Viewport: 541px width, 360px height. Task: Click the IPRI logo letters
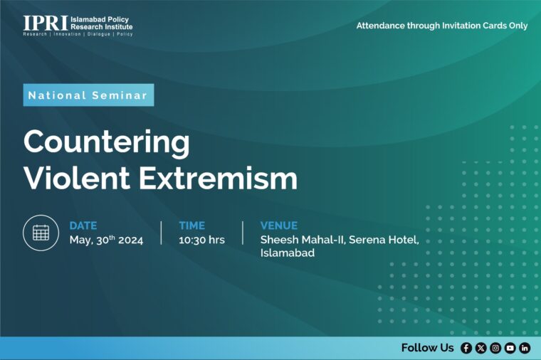point(45,23)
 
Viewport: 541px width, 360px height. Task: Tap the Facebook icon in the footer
point(466,348)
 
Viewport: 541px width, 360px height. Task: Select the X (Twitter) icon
point(481,348)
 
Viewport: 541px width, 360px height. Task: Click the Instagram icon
point(495,348)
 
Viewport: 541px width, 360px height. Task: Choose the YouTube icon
point(510,348)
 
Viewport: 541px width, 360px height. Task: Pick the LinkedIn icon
point(525,348)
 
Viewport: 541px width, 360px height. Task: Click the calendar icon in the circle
point(41,233)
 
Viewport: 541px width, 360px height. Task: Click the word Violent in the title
point(77,178)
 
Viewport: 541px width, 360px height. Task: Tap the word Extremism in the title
point(218,178)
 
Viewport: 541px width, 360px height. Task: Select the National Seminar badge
point(88,95)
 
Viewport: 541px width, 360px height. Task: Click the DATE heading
point(83,226)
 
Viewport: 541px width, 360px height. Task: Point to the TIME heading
point(191,226)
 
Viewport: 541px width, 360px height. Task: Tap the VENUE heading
point(279,226)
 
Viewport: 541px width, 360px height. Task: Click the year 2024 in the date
point(130,240)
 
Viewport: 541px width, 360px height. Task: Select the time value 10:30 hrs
point(201,240)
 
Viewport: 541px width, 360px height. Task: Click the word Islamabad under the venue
point(288,253)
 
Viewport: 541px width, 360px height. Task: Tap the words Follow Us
point(428,348)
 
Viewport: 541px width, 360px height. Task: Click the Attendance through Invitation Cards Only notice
point(442,26)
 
